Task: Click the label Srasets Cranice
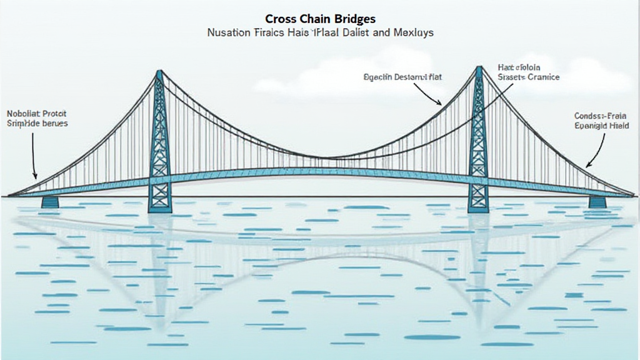[528, 77]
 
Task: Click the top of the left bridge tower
[159, 74]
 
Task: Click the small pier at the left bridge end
[50, 201]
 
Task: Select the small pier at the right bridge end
[597, 201]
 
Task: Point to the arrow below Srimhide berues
[34, 156]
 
